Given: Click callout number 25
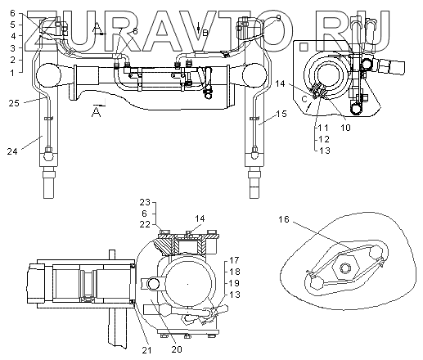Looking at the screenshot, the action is tap(14, 103).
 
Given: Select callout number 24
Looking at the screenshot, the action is tap(12, 151).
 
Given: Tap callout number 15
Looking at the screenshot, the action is tap(281, 114).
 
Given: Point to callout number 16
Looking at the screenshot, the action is tap(283, 219).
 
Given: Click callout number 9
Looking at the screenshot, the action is tap(278, 18).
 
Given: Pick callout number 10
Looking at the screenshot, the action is tap(345, 128).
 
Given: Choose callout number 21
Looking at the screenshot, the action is tap(147, 350).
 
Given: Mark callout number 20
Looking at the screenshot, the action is tap(177, 349).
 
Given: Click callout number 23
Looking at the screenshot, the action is tap(145, 202).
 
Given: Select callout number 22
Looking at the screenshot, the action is tap(145, 224).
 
